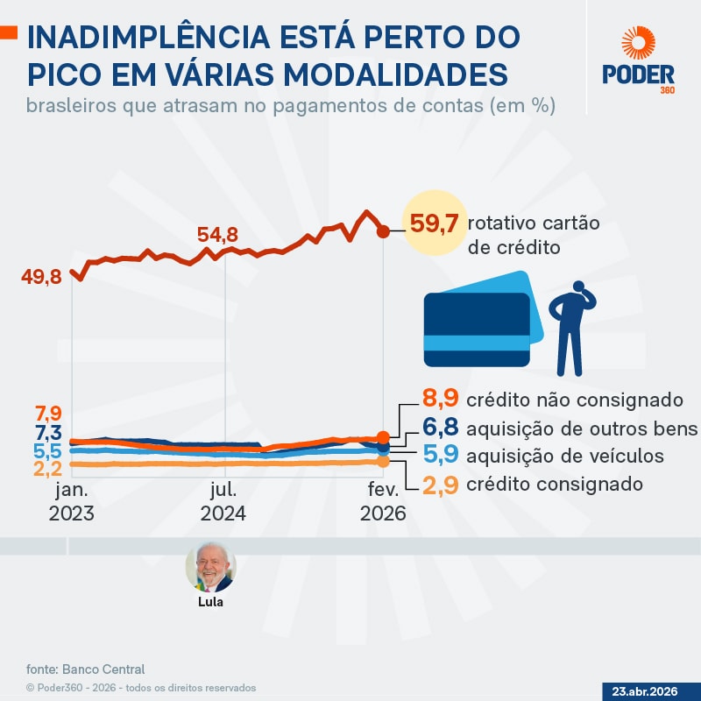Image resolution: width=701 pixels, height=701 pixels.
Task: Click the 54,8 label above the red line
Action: [217, 235]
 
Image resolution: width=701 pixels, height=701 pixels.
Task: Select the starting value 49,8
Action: [42, 278]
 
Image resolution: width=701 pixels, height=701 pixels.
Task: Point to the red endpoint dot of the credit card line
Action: [383, 231]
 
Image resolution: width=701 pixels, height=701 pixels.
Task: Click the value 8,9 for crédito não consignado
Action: [441, 400]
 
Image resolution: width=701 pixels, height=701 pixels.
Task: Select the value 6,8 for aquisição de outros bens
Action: [441, 428]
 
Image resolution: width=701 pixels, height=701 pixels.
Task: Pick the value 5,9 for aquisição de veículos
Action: [441, 456]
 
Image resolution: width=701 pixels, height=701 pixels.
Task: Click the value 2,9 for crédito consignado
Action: [441, 484]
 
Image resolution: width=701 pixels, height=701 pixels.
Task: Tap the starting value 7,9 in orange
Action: [47, 413]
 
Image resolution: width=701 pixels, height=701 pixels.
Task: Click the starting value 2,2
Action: [47, 470]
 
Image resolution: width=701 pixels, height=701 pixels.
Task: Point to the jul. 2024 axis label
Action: [223, 501]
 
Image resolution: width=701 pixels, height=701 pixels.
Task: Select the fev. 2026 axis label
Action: [383, 501]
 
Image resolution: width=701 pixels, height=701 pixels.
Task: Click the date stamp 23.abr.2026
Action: [650, 690]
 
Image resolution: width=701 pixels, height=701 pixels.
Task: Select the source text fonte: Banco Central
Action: [85, 669]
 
